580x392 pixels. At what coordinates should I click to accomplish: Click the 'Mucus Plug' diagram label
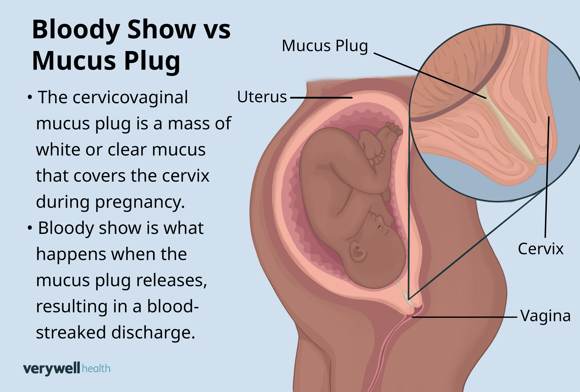tap(324, 46)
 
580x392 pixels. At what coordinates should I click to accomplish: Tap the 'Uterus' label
tap(262, 97)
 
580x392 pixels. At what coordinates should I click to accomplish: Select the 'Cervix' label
tap(540, 249)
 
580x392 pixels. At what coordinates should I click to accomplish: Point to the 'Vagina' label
tap(545, 316)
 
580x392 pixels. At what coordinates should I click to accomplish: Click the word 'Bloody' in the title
tap(75, 30)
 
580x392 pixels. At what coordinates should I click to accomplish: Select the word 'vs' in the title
tap(217, 30)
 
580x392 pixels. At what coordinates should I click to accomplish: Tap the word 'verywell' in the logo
tap(51, 368)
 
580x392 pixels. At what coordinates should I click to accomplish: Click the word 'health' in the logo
tap(96, 368)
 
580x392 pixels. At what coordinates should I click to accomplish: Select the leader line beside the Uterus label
tap(321, 98)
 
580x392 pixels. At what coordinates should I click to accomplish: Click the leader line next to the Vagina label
tap(464, 317)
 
